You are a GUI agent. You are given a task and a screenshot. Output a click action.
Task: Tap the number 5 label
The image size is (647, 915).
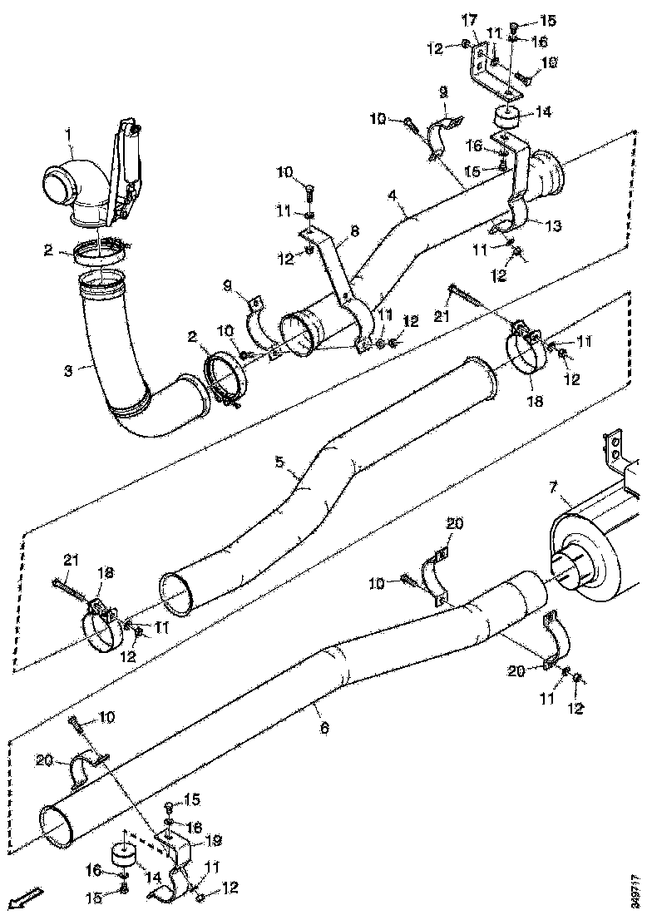[279, 459]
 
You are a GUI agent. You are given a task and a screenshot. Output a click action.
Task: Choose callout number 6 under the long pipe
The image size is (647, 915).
[324, 728]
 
